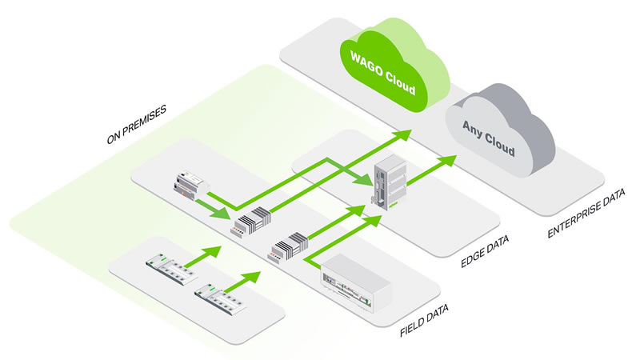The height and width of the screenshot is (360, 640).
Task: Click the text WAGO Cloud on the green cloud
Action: click(385, 71)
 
